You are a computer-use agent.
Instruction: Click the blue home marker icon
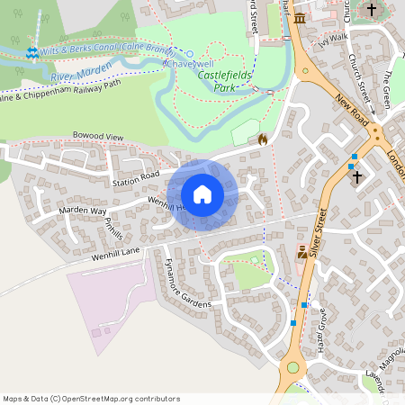pos(202,194)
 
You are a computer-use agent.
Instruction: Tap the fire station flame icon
pos(263,139)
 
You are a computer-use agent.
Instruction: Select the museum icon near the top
pos(299,19)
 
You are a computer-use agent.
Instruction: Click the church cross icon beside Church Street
pos(372,10)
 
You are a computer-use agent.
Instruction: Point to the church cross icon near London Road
pos(356,176)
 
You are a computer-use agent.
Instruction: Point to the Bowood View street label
pos(97,137)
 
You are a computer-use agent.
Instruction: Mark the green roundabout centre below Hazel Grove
pos(292,368)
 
